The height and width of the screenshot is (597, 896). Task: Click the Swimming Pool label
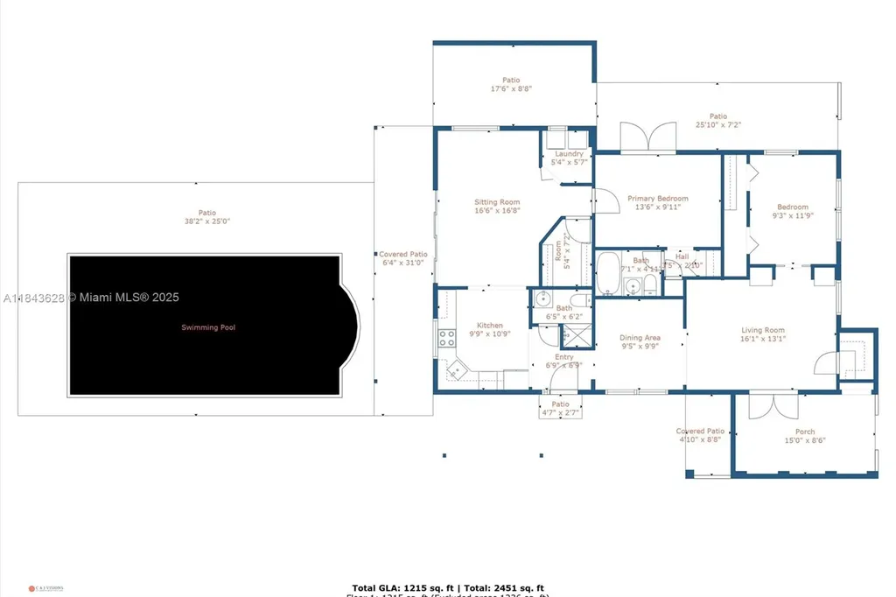[x=208, y=327]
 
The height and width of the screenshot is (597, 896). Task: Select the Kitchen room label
[x=489, y=326]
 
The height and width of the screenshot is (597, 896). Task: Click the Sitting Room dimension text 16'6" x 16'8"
[x=497, y=210]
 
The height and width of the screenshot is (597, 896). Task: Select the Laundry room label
[x=569, y=154]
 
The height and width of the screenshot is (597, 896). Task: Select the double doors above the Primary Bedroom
[x=648, y=138]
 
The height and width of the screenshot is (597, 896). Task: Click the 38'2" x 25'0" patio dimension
[x=206, y=221]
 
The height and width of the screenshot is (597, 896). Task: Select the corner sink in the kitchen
[x=456, y=372]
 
